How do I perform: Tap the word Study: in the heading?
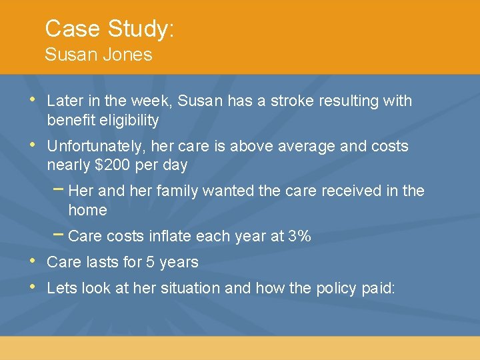click(141, 29)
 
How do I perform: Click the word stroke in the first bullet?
click(292, 101)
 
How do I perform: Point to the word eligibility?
click(126, 121)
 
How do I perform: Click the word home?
click(87, 211)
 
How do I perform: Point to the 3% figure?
click(299, 237)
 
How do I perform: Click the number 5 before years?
click(150, 263)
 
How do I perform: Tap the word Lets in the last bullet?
click(61, 289)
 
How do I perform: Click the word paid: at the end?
click(377, 289)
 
